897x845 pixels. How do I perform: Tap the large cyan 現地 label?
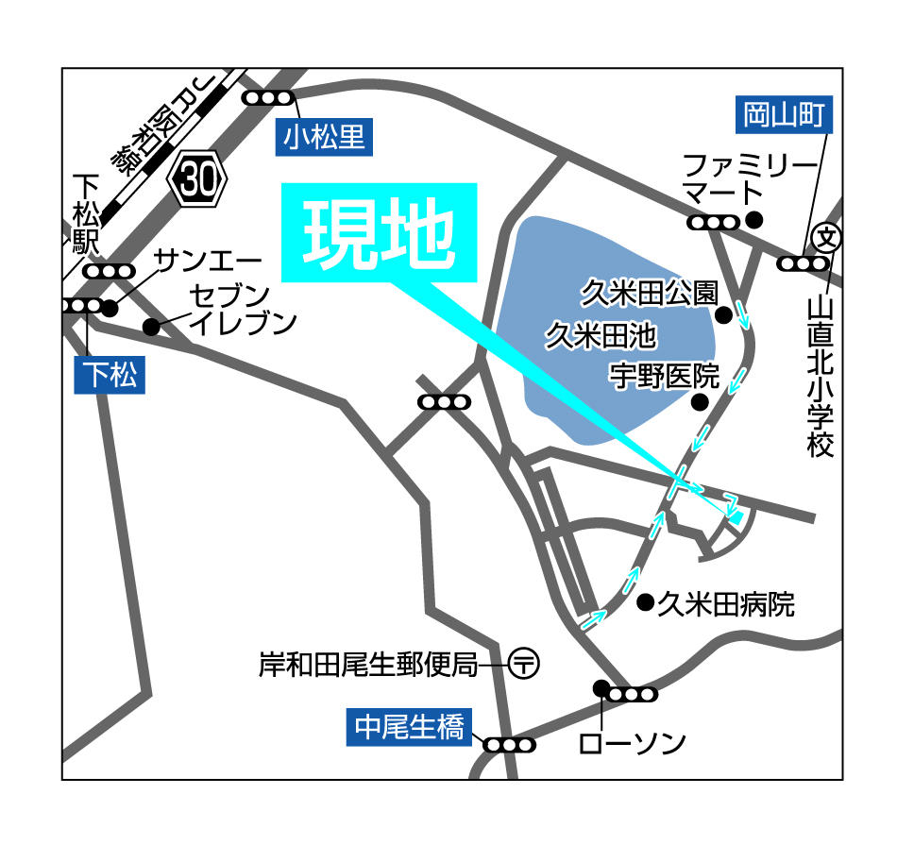(379, 232)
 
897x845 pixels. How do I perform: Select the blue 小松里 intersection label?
(324, 138)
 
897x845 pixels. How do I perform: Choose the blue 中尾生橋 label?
(409, 728)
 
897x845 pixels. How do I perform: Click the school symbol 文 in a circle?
(828, 235)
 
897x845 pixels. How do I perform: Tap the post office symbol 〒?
(523, 663)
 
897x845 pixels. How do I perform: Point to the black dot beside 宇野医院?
(699, 402)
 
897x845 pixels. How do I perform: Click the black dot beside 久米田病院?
(646, 601)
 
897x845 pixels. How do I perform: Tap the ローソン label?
(632, 744)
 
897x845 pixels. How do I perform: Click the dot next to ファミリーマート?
(753, 220)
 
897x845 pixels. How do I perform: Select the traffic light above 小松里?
(268, 97)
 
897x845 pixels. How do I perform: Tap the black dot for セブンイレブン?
(150, 328)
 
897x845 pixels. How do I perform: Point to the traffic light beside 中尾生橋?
(510, 745)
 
